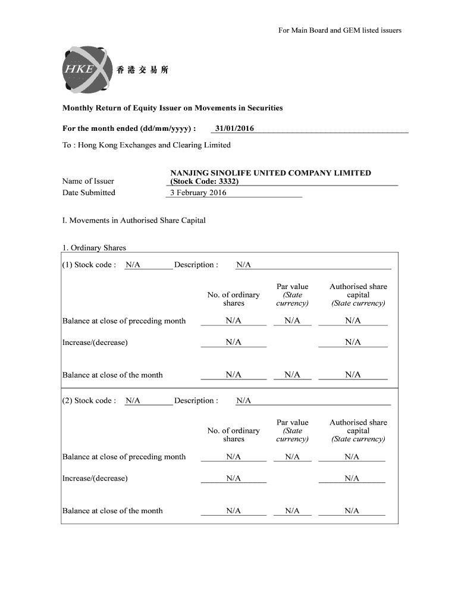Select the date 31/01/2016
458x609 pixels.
[x=236, y=128]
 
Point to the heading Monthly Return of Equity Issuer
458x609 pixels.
[x=172, y=108]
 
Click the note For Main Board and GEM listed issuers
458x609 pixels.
[x=340, y=30]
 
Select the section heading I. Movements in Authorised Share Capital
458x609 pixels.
[x=134, y=220]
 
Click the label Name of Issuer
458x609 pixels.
[x=88, y=181]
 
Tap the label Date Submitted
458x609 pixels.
[x=89, y=193]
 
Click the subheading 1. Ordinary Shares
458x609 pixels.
[x=94, y=248]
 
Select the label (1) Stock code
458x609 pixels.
[x=89, y=265]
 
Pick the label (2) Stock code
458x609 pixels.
[x=89, y=401]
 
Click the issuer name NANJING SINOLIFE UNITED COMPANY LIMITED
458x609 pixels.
[x=271, y=173]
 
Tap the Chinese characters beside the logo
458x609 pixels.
[x=143, y=70]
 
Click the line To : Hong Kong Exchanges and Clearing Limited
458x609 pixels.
[x=146, y=145]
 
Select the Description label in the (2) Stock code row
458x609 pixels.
[x=196, y=401]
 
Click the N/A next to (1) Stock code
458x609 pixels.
[x=133, y=265]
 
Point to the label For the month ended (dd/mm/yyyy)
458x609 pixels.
[x=129, y=128]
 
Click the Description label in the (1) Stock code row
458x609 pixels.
[x=196, y=265]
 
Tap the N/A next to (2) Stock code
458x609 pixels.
[x=133, y=401]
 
